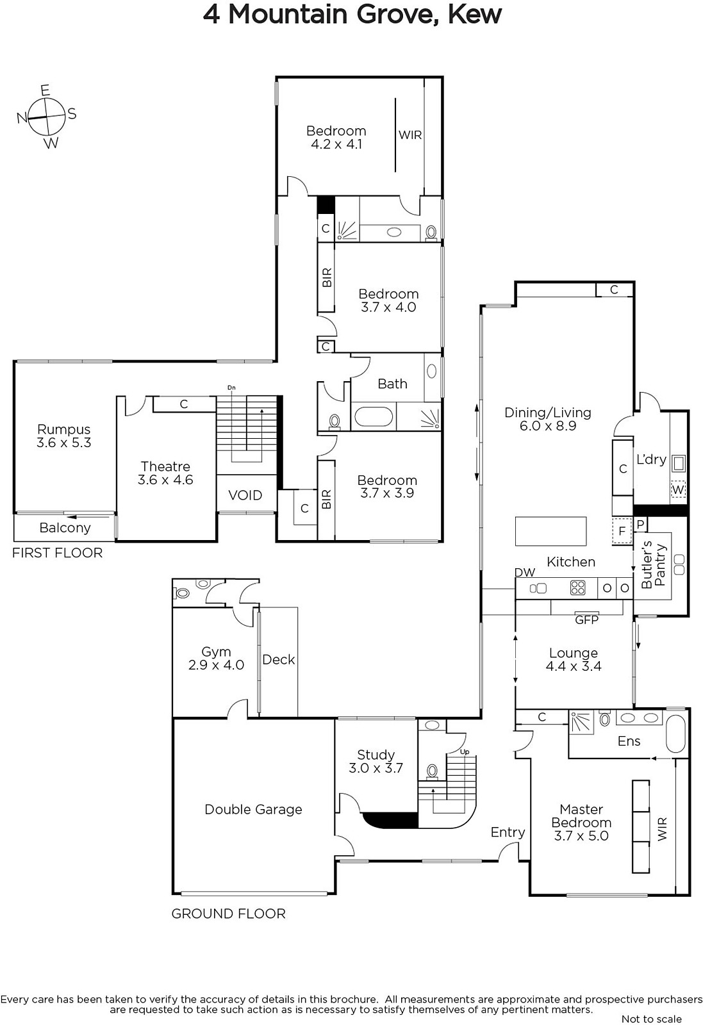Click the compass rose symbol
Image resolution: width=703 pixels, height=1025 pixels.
click(45, 117)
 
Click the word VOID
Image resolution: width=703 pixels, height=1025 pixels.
click(245, 495)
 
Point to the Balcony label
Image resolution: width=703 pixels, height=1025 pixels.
click(65, 528)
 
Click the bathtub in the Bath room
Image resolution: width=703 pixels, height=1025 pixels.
click(374, 417)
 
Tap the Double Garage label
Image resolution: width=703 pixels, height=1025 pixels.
click(253, 810)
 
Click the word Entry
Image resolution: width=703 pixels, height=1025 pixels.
click(508, 832)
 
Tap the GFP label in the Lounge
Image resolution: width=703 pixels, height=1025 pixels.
click(587, 619)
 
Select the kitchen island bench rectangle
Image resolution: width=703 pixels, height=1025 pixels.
click(550, 531)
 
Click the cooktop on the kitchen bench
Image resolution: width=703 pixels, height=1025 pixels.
click(578, 587)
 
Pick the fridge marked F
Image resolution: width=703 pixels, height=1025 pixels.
click(622, 531)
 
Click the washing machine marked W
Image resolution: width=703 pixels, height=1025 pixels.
click(678, 489)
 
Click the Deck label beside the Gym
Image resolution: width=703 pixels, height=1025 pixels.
click(278, 659)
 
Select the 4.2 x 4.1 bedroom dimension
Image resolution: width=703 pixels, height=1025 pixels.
click(336, 144)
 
